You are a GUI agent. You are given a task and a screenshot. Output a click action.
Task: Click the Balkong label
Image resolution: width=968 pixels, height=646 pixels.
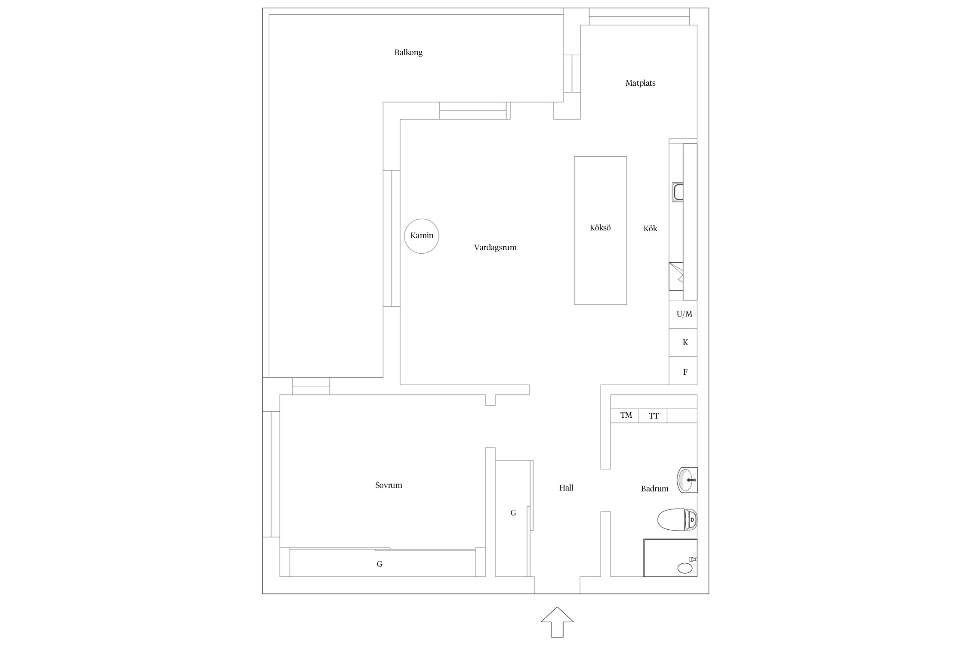408,53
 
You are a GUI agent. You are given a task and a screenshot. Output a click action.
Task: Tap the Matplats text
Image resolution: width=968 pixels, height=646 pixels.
640,83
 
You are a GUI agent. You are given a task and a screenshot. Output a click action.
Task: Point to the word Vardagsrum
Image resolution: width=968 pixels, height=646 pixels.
495,248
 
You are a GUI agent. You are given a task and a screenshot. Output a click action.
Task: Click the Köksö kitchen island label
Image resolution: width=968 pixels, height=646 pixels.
600,228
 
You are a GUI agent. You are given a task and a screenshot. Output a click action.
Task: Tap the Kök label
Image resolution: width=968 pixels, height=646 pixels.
650,229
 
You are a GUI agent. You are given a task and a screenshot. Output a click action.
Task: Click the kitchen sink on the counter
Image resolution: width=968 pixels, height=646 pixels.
678,192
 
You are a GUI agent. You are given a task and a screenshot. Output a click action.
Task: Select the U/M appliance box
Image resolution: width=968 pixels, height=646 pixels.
683,314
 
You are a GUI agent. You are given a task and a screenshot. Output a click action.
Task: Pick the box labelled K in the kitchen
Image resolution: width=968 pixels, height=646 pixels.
683,342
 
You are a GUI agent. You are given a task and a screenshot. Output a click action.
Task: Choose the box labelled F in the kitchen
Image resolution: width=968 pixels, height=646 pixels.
683,370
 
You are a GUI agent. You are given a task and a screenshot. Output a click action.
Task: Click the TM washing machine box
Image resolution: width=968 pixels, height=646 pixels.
625,416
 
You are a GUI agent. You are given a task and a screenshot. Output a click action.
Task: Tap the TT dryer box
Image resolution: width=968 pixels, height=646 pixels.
653,416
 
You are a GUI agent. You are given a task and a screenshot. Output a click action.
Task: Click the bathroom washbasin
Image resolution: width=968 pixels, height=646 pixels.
687,480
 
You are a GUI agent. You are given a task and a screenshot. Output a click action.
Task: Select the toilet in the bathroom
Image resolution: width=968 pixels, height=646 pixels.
677,519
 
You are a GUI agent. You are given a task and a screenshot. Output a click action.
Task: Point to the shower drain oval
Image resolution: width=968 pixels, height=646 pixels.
685,568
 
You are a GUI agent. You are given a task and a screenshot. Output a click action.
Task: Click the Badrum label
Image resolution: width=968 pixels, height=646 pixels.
654,489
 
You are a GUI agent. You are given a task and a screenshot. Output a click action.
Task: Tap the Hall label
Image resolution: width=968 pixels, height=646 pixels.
566,488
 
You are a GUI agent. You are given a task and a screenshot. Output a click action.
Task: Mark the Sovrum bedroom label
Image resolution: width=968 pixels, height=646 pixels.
388,485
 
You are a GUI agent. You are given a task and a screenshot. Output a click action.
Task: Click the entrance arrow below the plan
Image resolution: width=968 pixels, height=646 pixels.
557,622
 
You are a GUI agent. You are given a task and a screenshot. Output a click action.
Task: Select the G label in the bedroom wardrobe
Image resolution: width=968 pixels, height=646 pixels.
379,564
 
